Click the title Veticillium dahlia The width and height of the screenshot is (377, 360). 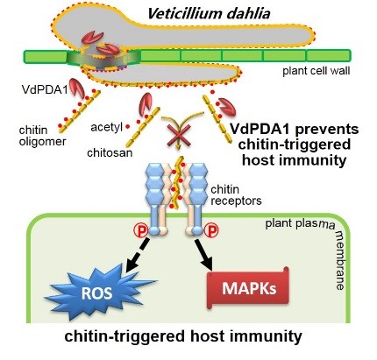click(x=209, y=14)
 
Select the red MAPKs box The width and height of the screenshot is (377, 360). click(x=248, y=288)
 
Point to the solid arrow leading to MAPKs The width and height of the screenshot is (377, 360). click(x=205, y=255)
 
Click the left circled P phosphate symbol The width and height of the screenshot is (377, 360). click(x=141, y=231)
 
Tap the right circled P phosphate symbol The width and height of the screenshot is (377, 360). click(x=211, y=231)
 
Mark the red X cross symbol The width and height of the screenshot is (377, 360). click(x=179, y=136)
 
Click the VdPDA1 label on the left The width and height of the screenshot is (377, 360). click(x=45, y=89)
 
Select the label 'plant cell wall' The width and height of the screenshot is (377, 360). click(x=316, y=71)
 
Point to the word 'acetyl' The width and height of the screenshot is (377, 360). click(x=106, y=128)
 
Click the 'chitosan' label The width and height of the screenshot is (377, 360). click(x=110, y=152)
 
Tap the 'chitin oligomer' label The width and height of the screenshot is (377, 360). click(x=42, y=136)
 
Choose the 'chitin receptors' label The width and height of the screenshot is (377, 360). click(x=236, y=195)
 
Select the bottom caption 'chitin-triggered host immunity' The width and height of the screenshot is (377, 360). click(x=183, y=336)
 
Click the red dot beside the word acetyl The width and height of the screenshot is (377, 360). click(x=127, y=127)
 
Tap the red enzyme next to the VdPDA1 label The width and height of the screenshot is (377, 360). click(x=76, y=87)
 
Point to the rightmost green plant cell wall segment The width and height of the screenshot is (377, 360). click(x=328, y=56)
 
